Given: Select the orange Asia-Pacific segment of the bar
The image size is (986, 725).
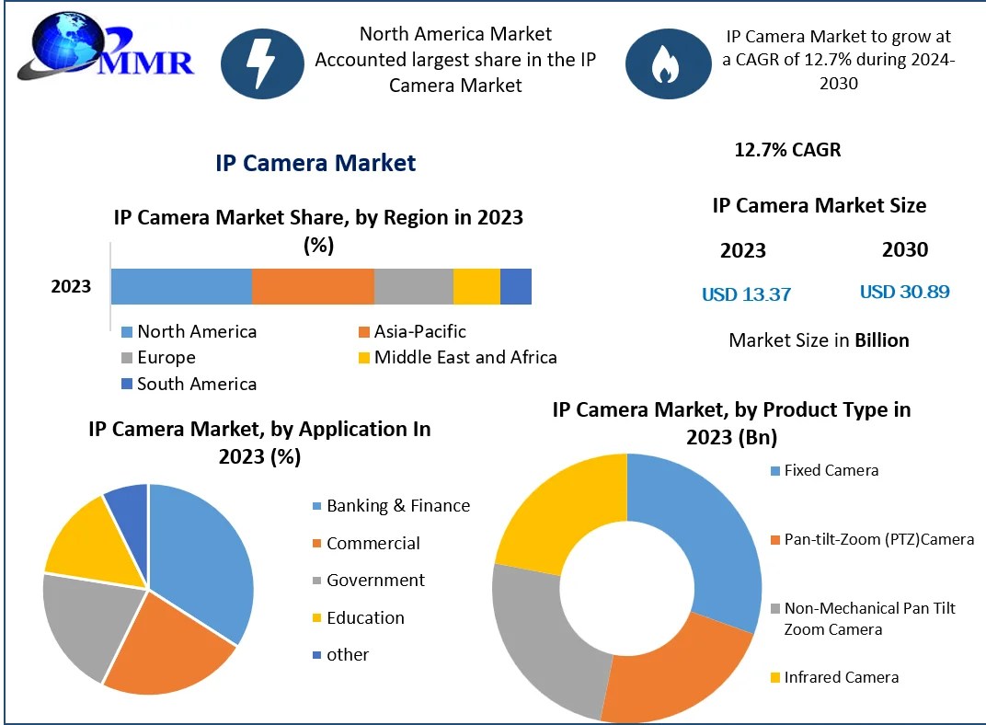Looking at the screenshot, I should pyautogui.click(x=313, y=286).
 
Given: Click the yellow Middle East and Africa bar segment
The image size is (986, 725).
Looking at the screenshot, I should pyautogui.click(x=476, y=286).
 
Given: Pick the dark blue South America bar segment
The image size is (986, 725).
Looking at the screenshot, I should pyautogui.click(x=516, y=286).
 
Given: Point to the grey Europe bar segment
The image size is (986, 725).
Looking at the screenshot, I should pyautogui.click(x=413, y=286).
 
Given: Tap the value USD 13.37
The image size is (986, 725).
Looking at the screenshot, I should pyautogui.click(x=746, y=294).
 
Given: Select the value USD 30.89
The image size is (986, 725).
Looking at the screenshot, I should pyautogui.click(x=904, y=292).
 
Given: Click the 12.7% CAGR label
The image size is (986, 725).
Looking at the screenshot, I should pyautogui.click(x=787, y=149).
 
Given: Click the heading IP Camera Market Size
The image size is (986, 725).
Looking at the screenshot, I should pyautogui.click(x=819, y=205).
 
